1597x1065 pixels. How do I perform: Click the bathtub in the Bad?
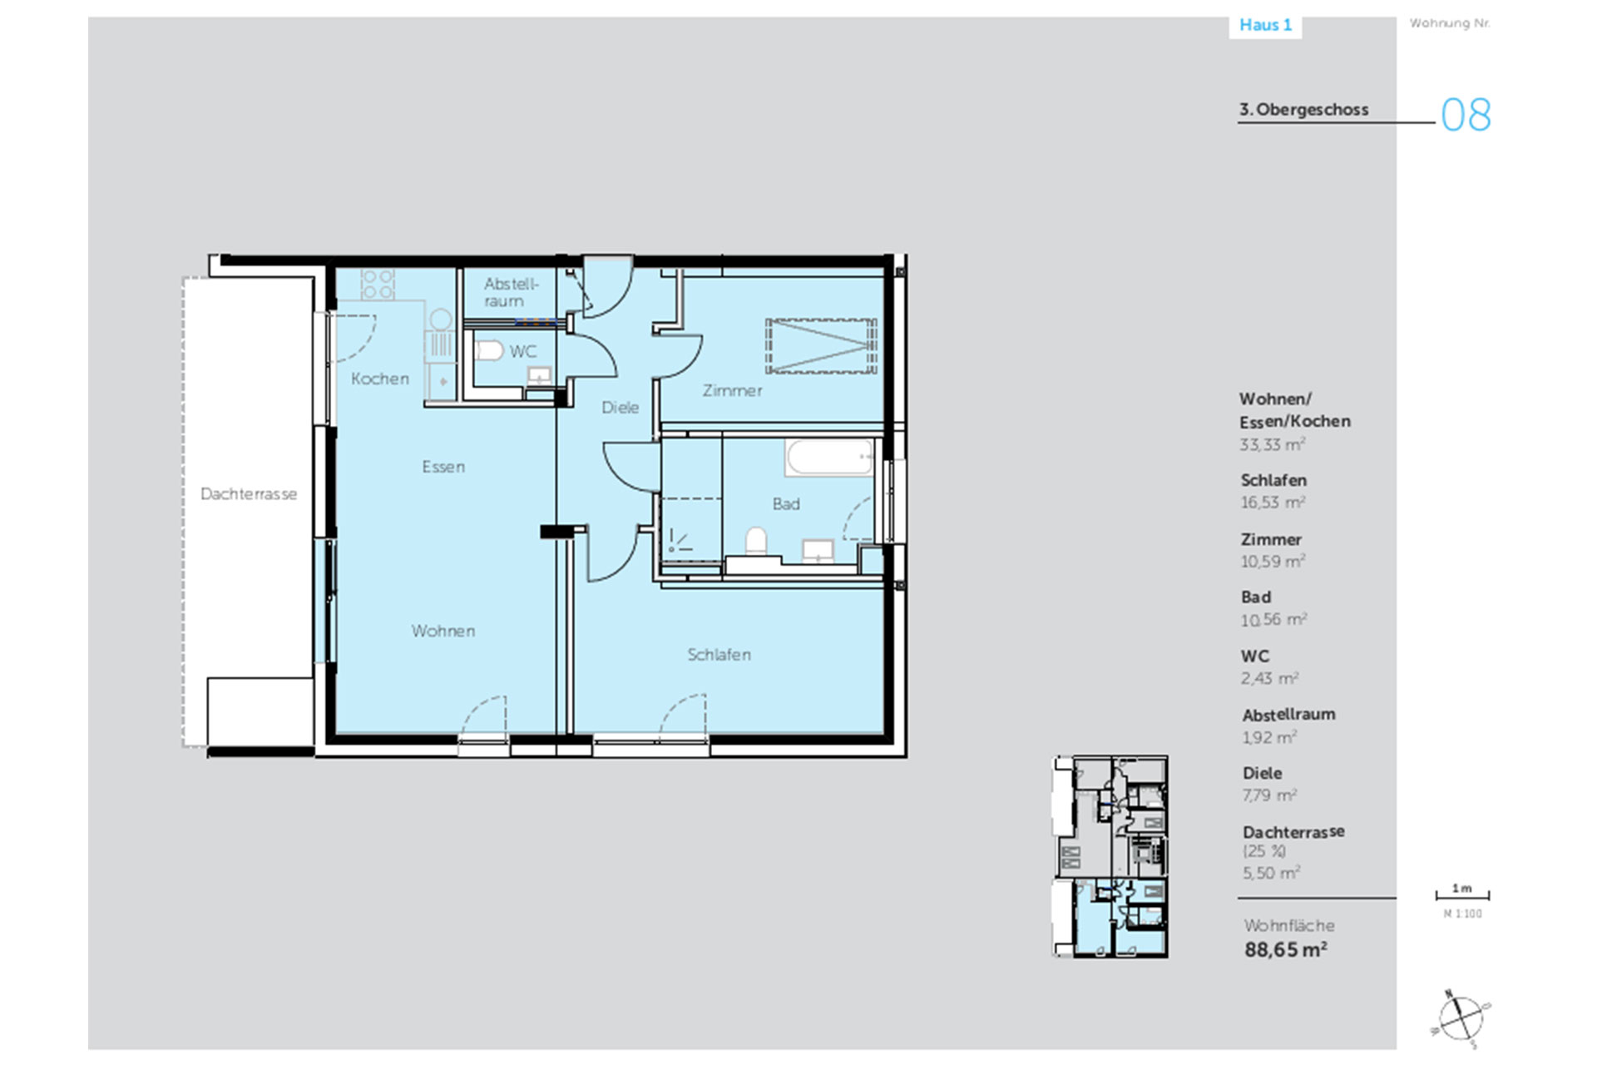(829, 458)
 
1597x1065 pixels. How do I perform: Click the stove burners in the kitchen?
(378, 284)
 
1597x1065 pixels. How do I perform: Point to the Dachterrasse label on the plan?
(249, 494)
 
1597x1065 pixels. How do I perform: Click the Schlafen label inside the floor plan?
(719, 655)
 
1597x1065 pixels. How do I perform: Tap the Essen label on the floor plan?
(443, 467)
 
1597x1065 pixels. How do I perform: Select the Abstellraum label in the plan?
(511, 293)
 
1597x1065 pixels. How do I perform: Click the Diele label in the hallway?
(621, 408)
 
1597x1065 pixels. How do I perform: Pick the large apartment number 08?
(1466, 115)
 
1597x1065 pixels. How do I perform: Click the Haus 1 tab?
(1265, 25)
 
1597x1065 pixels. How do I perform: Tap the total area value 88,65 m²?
(1286, 949)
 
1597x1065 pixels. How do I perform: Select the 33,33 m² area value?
(1273, 444)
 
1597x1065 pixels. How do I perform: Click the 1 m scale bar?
(1462, 895)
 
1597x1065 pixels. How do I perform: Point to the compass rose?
(1461, 1017)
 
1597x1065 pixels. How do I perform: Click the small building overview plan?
(1110, 857)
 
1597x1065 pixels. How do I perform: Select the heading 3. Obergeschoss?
(1303, 110)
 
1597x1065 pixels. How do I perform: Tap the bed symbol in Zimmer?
(821, 345)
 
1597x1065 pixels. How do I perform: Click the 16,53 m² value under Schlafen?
(1273, 503)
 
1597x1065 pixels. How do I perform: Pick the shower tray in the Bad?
(691, 530)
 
